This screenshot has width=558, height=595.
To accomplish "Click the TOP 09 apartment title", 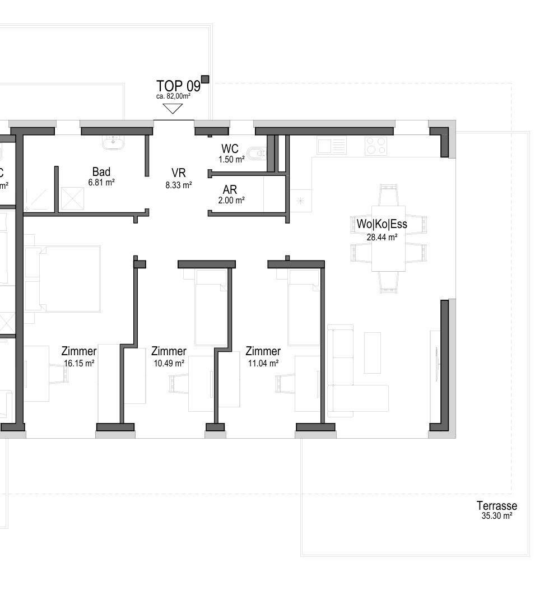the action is click(x=178, y=86).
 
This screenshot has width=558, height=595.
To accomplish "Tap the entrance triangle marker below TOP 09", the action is click(x=173, y=109).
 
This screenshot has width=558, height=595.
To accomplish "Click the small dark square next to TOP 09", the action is click(x=205, y=80).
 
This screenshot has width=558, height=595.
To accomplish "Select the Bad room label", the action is click(x=101, y=171).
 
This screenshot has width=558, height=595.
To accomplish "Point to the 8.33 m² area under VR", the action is click(x=179, y=185).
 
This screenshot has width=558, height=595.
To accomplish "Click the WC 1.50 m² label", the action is click(x=230, y=153).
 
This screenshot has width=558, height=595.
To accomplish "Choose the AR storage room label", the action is click(x=230, y=189).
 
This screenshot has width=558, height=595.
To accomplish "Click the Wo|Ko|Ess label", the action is click(x=382, y=224).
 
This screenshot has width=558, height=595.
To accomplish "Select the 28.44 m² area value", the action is click(x=382, y=238).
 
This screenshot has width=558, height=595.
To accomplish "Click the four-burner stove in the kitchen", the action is click(x=376, y=146).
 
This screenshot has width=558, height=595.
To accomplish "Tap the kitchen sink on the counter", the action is click(x=332, y=146).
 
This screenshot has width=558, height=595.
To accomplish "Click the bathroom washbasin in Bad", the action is click(x=113, y=142).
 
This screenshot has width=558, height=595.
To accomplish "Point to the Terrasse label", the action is click(x=497, y=505).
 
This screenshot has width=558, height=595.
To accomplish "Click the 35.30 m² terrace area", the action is click(x=497, y=515).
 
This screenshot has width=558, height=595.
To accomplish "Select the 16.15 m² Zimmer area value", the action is click(x=79, y=363).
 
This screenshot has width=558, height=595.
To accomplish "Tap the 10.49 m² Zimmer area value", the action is click(x=169, y=363).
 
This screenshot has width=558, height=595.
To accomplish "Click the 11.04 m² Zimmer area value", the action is click(x=263, y=363).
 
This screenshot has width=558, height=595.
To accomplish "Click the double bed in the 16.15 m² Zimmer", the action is click(x=63, y=279).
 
